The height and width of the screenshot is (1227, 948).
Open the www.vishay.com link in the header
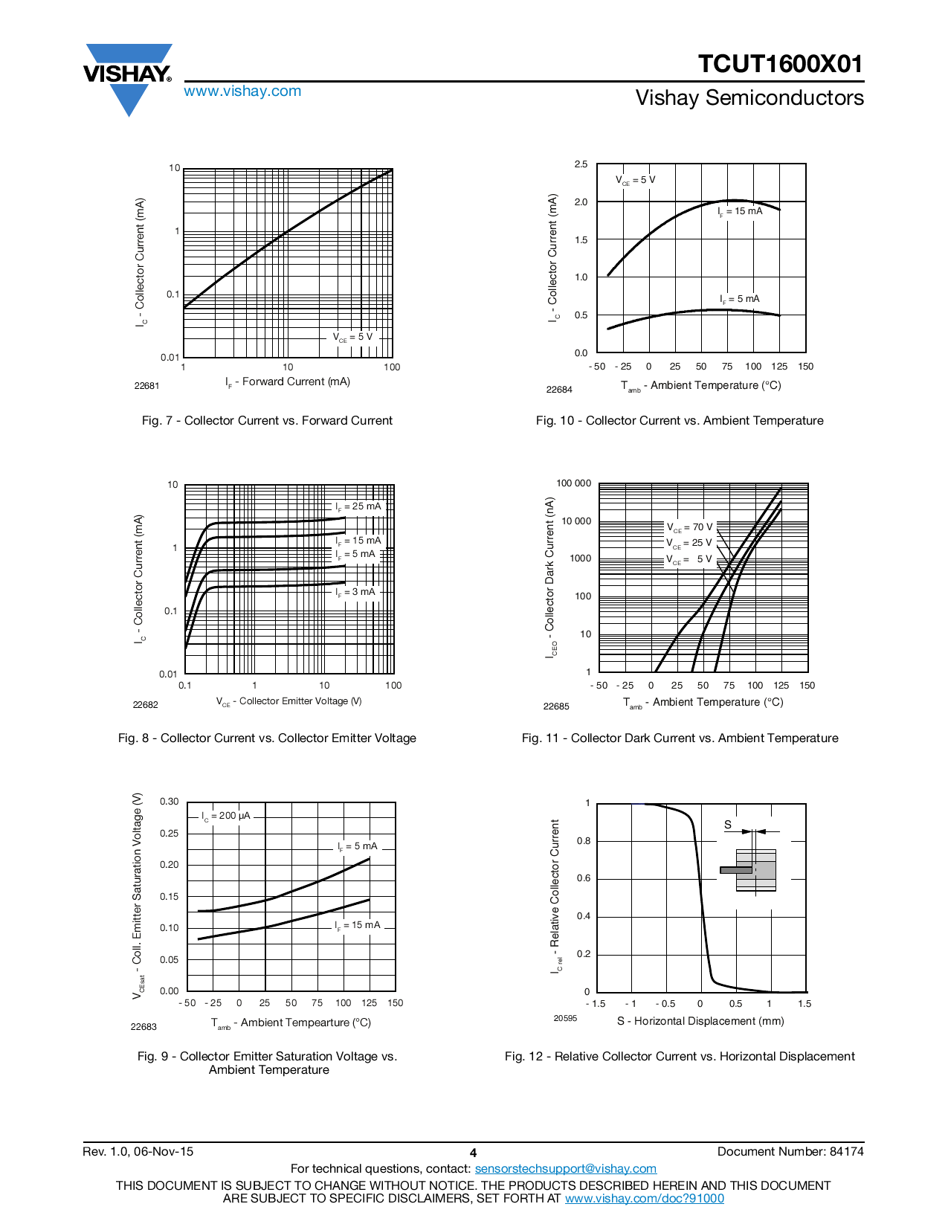(x=242, y=91)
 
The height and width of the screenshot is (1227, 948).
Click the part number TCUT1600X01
(x=780, y=64)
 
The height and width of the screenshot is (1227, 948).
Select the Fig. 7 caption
(x=267, y=421)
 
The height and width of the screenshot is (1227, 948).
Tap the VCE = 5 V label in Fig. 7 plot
(x=352, y=337)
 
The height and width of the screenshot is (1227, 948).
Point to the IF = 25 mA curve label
(x=358, y=506)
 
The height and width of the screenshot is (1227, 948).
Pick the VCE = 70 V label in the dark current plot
(x=689, y=527)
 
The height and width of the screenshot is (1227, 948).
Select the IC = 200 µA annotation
(x=226, y=816)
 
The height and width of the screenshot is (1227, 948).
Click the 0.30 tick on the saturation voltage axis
(x=170, y=802)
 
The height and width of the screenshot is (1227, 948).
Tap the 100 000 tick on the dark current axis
(x=573, y=483)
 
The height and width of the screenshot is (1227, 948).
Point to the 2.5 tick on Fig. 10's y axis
(x=581, y=164)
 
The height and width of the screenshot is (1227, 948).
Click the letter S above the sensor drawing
(x=728, y=825)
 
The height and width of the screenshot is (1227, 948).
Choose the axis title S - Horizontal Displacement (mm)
(x=700, y=1021)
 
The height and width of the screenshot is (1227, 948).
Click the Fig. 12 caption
(x=680, y=1057)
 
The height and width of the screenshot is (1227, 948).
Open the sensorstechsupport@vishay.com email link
(x=565, y=1169)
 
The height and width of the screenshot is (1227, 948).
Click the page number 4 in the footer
(x=473, y=1153)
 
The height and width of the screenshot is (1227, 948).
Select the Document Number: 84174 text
(x=790, y=1152)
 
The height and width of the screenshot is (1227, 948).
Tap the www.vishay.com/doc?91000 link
(x=644, y=1198)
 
